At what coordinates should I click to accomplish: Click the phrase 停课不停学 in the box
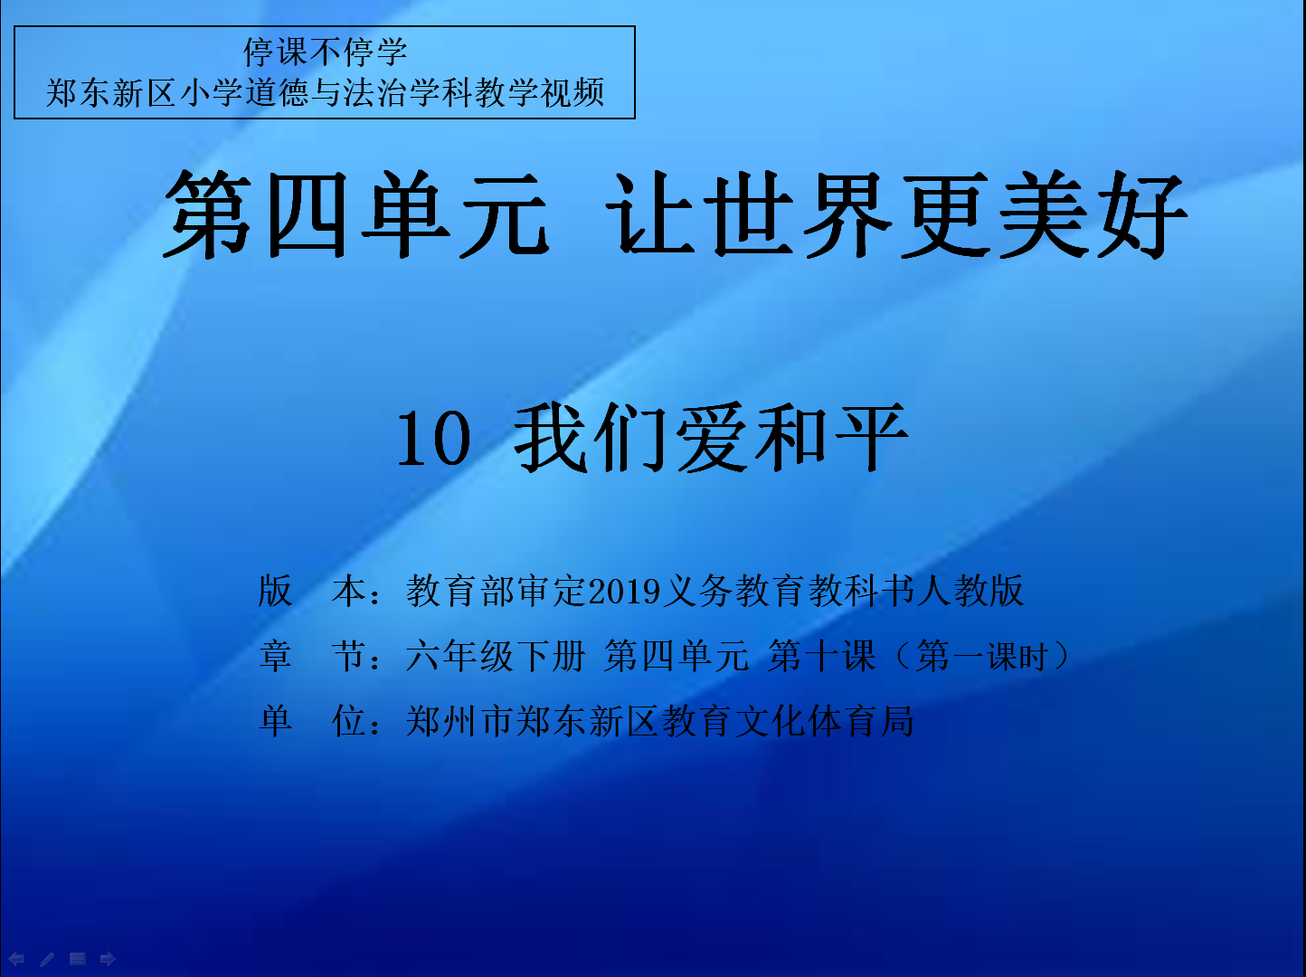point(325,52)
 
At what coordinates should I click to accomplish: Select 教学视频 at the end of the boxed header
point(540,93)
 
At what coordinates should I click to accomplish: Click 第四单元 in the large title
point(355,214)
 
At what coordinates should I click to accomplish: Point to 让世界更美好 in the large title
point(896,214)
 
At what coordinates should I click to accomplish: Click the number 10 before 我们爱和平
point(434,439)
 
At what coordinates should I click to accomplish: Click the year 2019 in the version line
point(624,592)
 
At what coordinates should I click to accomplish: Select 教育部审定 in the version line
point(497,591)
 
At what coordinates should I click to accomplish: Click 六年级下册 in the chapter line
point(496,656)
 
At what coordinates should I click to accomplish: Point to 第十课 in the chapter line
point(822,656)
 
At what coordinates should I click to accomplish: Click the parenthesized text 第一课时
point(981,657)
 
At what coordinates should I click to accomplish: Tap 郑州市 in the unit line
point(460,722)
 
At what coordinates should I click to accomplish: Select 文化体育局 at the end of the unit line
point(824,722)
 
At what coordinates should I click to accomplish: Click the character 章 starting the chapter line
point(276,656)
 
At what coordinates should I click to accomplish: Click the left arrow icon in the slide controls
point(16,959)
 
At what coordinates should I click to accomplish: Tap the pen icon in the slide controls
point(47,959)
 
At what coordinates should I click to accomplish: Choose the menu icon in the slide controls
point(78,959)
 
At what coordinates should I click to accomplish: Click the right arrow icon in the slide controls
point(108,959)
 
